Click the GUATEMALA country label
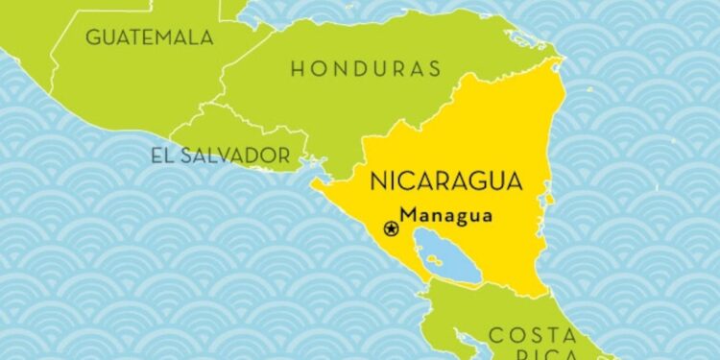click(149, 37)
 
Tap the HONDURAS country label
click(366, 68)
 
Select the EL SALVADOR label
click(219, 154)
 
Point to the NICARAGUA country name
click(445, 180)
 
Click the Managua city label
click(446, 216)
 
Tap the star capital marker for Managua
click(391, 228)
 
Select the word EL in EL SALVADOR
click(159, 154)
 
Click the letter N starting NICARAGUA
click(378, 180)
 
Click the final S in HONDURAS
click(435, 68)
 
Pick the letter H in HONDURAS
click(297, 68)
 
